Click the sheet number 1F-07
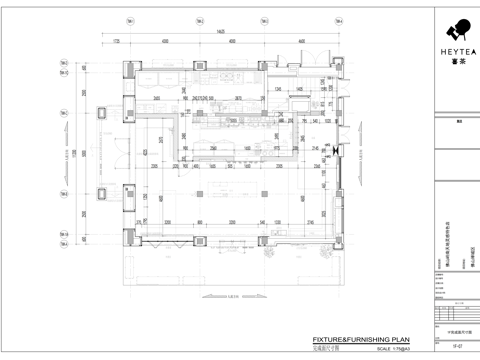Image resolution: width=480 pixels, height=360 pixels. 455,347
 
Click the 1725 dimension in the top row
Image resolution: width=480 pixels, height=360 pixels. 116,42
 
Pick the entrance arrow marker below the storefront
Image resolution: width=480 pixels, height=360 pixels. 232,297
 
